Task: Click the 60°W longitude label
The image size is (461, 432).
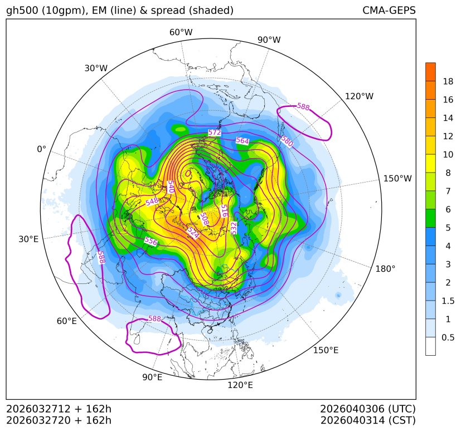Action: (181, 32)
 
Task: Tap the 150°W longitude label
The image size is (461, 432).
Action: (397, 179)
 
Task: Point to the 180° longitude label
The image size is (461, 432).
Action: (385, 269)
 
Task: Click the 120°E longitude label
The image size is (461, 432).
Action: (240, 385)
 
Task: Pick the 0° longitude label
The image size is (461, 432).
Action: (41, 149)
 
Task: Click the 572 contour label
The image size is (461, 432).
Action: (214, 132)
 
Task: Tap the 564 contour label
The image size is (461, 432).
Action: (242, 141)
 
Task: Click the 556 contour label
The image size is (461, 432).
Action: (151, 241)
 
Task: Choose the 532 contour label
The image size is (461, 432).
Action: (234, 227)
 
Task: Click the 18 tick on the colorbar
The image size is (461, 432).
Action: (448, 81)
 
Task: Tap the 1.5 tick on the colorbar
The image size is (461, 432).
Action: (448, 301)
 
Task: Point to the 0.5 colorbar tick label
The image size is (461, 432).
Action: (448, 337)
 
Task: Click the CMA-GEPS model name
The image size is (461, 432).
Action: (389, 11)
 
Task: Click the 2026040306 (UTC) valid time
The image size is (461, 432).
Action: (368, 409)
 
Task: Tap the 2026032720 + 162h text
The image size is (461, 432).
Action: (59, 420)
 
